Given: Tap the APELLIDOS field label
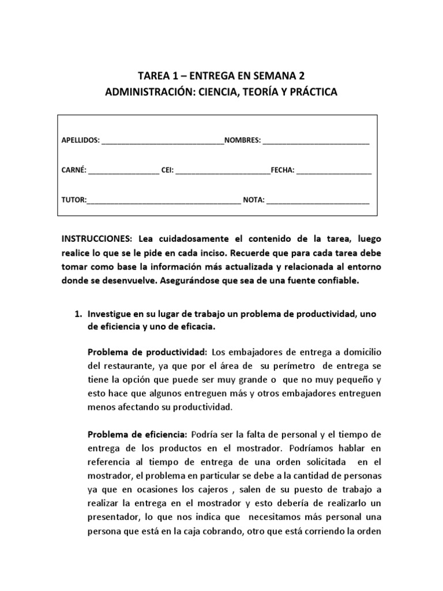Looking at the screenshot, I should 80,140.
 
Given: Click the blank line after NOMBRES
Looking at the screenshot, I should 316,140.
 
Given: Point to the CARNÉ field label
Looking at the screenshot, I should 74,170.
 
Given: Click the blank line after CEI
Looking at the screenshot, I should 222,170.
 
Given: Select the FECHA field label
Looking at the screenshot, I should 283,170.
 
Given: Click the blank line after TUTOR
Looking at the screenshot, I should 163,200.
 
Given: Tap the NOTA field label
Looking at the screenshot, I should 253,200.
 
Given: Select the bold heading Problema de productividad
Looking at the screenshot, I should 147,351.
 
